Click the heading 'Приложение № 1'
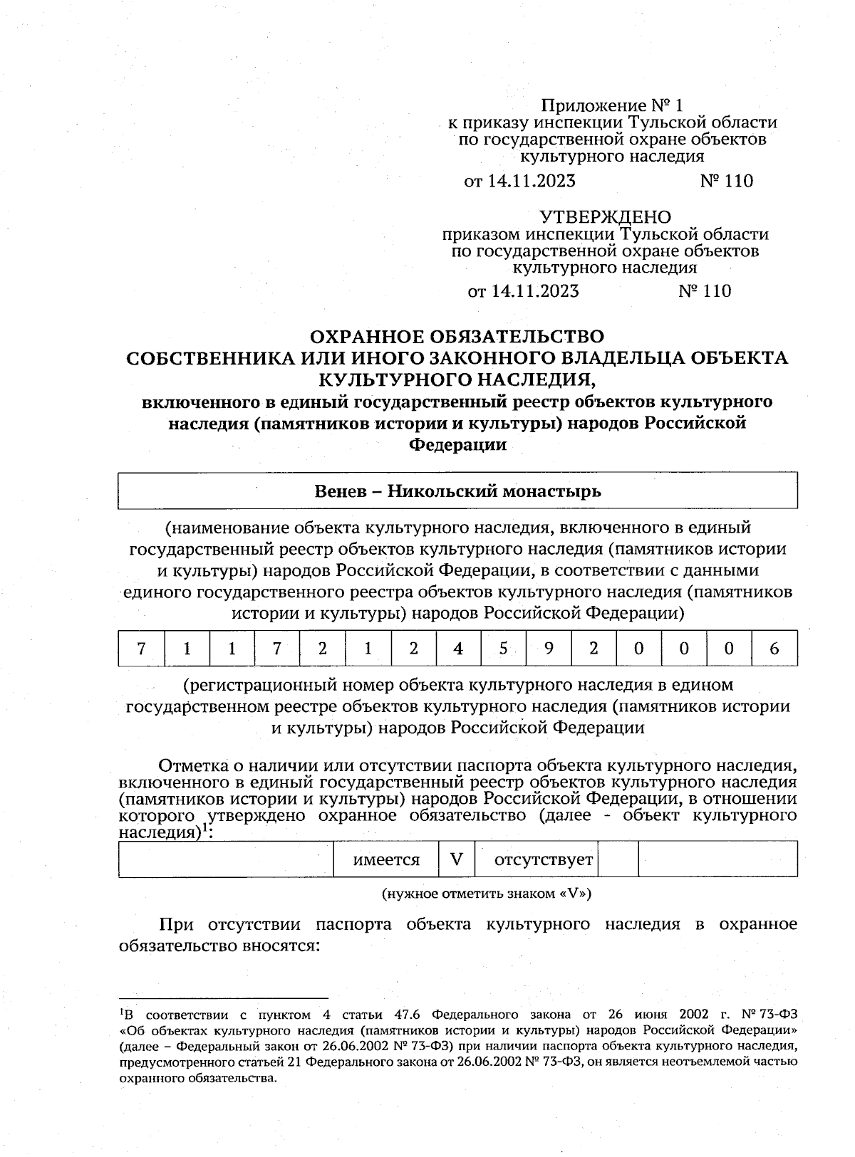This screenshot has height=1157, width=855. [612, 106]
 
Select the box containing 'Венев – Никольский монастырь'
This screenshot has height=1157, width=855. [457, 491]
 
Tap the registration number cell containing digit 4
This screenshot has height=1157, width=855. [458, 649]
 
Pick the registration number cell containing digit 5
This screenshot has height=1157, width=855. [503, 649]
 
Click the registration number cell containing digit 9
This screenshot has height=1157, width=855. [548, 649]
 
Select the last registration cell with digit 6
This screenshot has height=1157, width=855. [774, 649]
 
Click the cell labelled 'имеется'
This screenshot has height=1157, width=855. [387, 859]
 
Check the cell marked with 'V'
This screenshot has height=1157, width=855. [457, 859]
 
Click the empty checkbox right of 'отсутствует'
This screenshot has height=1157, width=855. [618, 859]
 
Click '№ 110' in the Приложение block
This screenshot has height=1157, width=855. [726, 181]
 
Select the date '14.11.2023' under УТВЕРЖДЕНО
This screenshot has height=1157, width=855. [534, 291]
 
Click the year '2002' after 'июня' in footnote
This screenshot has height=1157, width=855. [695, 1015]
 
